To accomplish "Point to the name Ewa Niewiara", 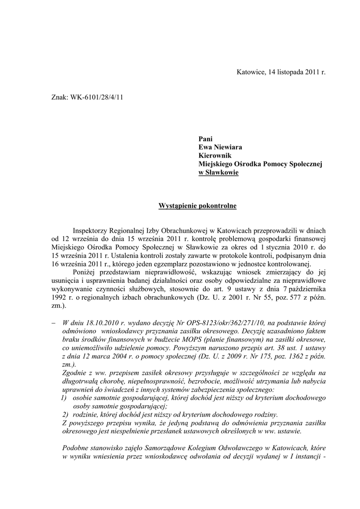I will pyautogui.click(x=221, y=148).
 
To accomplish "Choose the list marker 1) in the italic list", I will pyautogui.click(x=64, y=398).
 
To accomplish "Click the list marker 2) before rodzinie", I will pyautogui.click(x=65, y=415).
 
